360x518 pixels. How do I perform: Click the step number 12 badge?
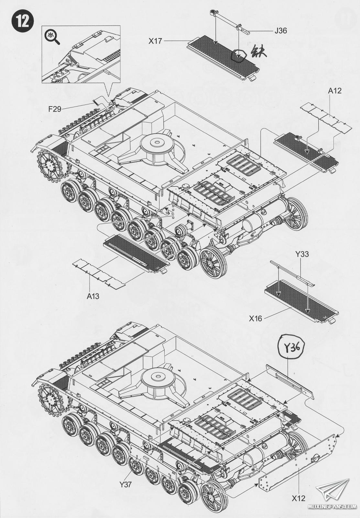22,21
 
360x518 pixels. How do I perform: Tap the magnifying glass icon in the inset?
52,38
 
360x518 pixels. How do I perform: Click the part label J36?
281,30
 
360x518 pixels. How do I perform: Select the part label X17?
155,41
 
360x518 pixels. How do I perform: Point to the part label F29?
55,109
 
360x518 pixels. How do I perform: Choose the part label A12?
334,91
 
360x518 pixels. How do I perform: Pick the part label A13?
93,296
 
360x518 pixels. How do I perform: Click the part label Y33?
302,254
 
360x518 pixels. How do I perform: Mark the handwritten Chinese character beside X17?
258,51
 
